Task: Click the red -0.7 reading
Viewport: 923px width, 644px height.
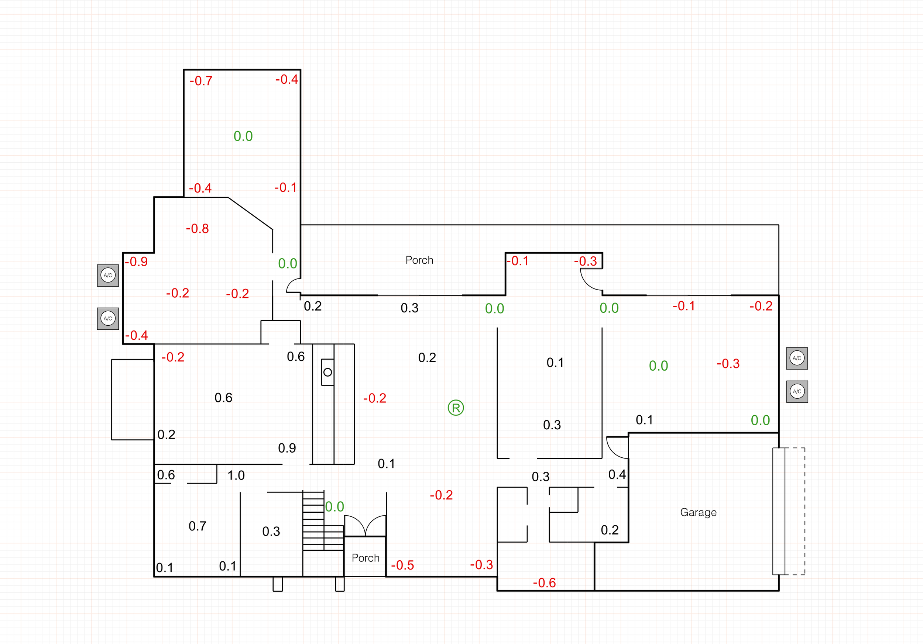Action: click(201, 81)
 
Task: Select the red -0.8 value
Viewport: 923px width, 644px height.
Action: click(198, 229)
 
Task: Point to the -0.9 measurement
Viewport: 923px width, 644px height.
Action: click(136, 262)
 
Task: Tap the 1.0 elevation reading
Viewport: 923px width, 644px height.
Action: click(236, 475)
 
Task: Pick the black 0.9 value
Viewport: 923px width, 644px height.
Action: click(287, 448)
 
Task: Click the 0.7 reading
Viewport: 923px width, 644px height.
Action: click(198, 526)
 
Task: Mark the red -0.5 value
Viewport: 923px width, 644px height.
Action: click(402, 565)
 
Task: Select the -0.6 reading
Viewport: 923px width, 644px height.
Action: click(544, 583)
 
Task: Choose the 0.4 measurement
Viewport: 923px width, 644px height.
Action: click(617, 475)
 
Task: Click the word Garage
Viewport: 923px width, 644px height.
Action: click(698, 512)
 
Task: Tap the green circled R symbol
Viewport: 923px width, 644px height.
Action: click(456, 408)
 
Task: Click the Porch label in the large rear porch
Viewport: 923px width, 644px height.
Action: click(419, 260)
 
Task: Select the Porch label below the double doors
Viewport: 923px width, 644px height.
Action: click(366, 558)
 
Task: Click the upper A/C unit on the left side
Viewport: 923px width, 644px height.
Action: click(108, 276)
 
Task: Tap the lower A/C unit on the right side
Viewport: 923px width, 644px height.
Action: click(797, 391)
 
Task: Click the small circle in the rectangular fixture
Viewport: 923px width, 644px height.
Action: click(327, 372)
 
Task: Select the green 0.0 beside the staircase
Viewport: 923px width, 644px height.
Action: click(334, 507)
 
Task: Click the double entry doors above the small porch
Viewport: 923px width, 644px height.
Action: click(365, 526)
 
